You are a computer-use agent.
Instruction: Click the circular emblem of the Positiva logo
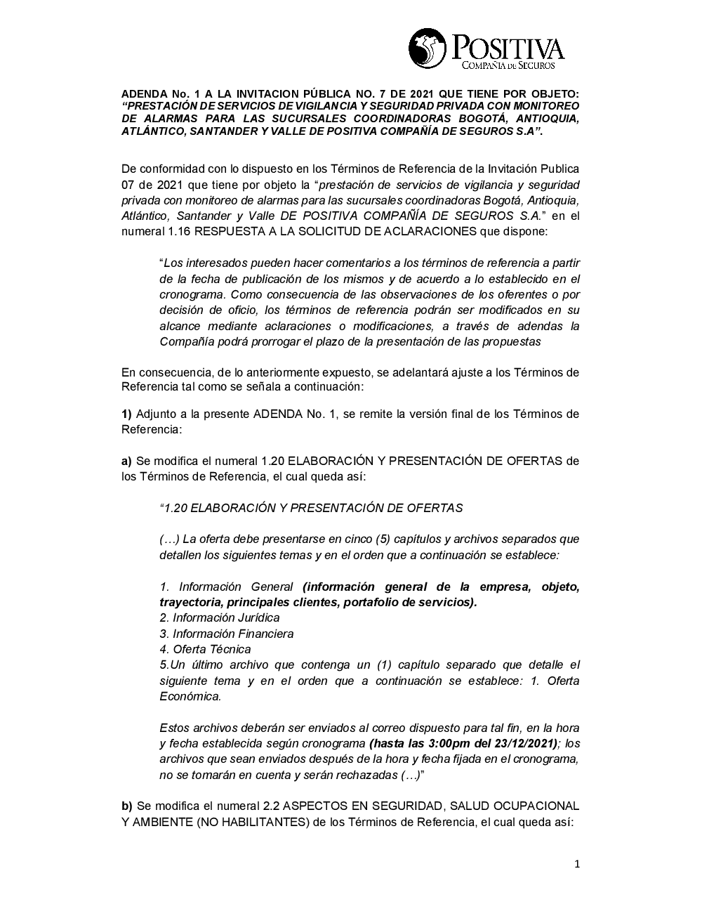tap(428, 48)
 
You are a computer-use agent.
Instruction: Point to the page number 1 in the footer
tap(577, 864)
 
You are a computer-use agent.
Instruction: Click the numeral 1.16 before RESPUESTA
tap(177, 232)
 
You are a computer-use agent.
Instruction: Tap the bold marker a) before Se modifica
tap(127, 461)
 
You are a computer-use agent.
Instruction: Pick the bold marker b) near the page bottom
tap(127, 805)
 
